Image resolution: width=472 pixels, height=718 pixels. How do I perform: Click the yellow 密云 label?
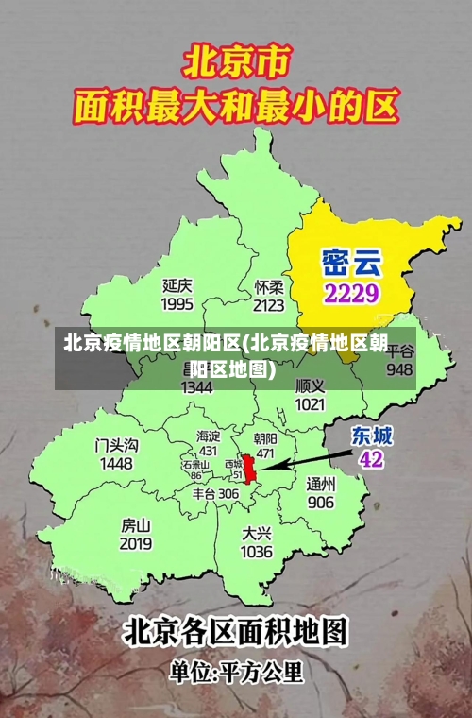tap(350, 259)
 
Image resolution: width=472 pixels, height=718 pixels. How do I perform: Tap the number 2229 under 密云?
tap(350, 293)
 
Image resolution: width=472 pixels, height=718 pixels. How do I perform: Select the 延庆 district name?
tap(177, 283)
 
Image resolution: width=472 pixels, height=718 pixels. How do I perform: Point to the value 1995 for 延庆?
tap(177, 303)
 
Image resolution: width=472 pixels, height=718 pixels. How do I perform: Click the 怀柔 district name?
tap(269, 285)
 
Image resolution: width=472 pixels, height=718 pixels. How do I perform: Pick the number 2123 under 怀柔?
tap(269, 305)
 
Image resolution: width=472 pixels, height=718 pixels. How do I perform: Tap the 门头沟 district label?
tap(116, 444)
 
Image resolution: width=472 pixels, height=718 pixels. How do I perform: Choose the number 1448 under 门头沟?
tap(116, 464)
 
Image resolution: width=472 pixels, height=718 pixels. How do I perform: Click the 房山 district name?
tap(136, 524)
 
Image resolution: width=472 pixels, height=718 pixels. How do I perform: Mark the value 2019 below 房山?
tap(136, 544)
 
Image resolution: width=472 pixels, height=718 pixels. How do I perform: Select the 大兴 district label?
tap(257, 532)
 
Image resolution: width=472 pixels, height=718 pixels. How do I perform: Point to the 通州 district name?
tap(320, 483)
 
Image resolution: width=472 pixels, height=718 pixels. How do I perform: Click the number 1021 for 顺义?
tap(310, 404)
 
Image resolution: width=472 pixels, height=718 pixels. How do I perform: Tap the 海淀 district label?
tap(208, 436)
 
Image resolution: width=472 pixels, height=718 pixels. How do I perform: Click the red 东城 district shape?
tap(249, 469)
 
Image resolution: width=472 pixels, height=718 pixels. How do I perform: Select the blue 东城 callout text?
tap(372, 436)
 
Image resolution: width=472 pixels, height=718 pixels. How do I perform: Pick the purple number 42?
tap(371, 459)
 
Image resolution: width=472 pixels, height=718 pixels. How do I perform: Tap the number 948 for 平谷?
tap(399, 369)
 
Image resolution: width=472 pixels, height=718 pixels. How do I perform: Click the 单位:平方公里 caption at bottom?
tap(236, 673)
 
